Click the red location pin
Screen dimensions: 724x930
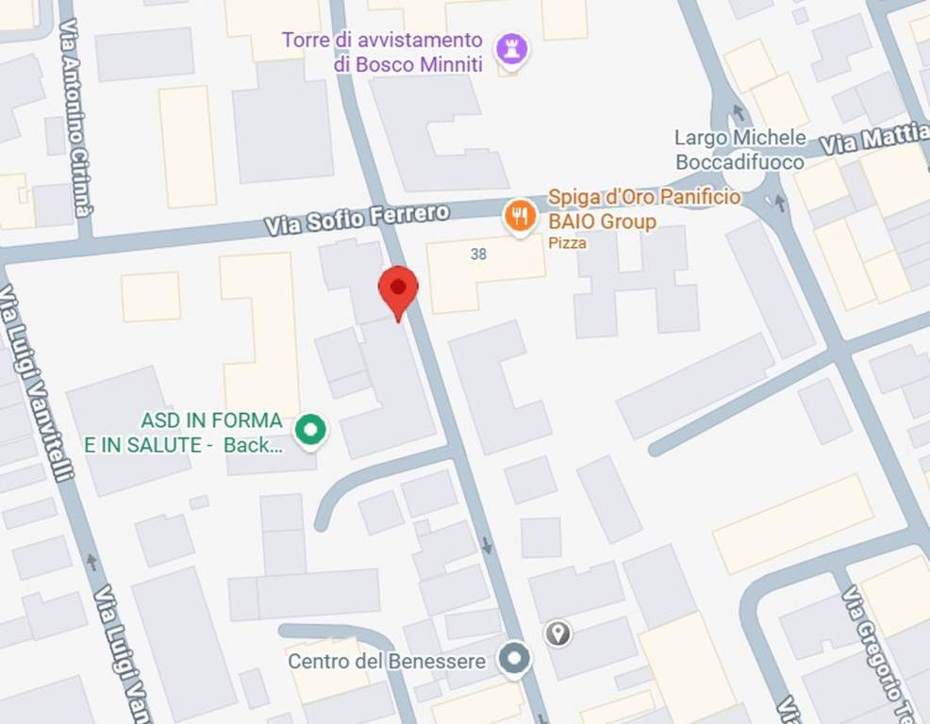coord(398,289)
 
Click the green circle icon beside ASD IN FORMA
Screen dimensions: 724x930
coord(310,431)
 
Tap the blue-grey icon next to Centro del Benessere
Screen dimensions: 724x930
coord(514,659)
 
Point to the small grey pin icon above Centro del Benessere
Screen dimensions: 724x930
coord(558,633)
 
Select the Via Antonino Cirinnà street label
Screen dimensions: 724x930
coord(75,115)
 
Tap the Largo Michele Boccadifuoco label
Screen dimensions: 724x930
coord(740,150)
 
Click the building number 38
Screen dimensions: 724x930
coord(478,254)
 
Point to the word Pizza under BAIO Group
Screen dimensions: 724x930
coord(567,243)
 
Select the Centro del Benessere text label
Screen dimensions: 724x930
coord(387,661)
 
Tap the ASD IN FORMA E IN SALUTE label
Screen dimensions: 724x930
coord(184,433)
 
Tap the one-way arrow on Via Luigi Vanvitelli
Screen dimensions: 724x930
coord(91,562)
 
